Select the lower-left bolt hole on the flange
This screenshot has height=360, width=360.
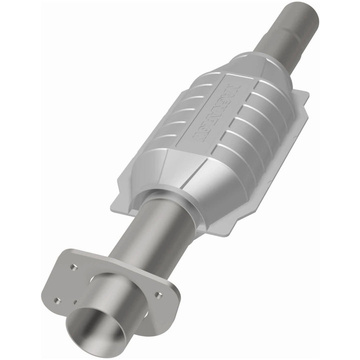tap(56, 300)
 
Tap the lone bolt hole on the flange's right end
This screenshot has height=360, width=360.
tap(158, 294)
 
